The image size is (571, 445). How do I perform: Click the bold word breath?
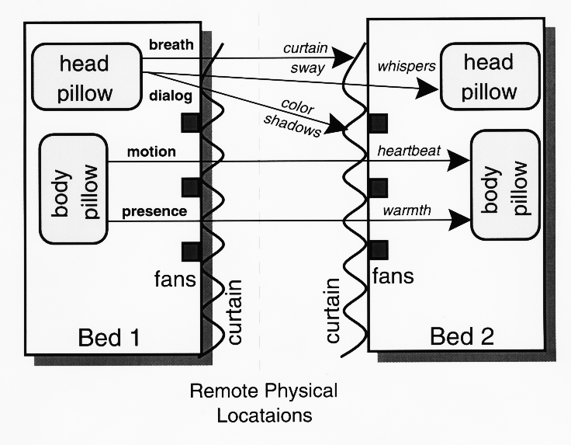pos(171,44)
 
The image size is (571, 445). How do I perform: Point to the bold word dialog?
pos(171,96)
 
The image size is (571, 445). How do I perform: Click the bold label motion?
pos(151,151)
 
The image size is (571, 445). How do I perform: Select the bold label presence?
pos(154,211)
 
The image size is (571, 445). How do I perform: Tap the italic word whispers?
pos(407,66)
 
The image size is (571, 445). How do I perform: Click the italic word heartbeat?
pos(409,151)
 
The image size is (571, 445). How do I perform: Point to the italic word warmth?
pos(407,210)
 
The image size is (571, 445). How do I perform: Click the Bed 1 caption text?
pos(109,337)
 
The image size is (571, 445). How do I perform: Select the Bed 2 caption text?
pos(462,336)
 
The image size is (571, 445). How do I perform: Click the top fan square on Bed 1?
pos(190,123)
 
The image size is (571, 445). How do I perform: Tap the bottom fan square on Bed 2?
pos(379,250)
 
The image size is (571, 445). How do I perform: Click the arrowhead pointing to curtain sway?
pos(343,57)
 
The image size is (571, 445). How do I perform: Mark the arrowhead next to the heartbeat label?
pos(459,160)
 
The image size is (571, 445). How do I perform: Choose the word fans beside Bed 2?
pos(393,276)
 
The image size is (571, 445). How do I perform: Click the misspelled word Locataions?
pos(265,415)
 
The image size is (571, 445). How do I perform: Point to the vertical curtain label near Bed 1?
pos(234,312)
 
